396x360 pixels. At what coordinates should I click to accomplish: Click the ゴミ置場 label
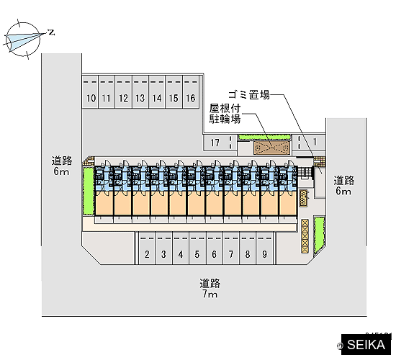pos(249,95)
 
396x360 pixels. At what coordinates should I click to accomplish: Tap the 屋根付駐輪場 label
pos(225,114)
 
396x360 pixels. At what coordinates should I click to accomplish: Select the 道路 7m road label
pos(210,289)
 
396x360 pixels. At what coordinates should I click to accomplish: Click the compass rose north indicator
pos(52,32)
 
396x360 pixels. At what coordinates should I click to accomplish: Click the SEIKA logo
pos(366,345)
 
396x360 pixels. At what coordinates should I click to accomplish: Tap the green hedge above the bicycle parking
pos(265,138)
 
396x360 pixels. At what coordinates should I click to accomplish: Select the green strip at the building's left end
pos(89,192)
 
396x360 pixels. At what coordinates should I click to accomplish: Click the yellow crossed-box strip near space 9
pos(305,236)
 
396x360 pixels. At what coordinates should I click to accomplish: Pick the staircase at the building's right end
pos(305,173)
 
